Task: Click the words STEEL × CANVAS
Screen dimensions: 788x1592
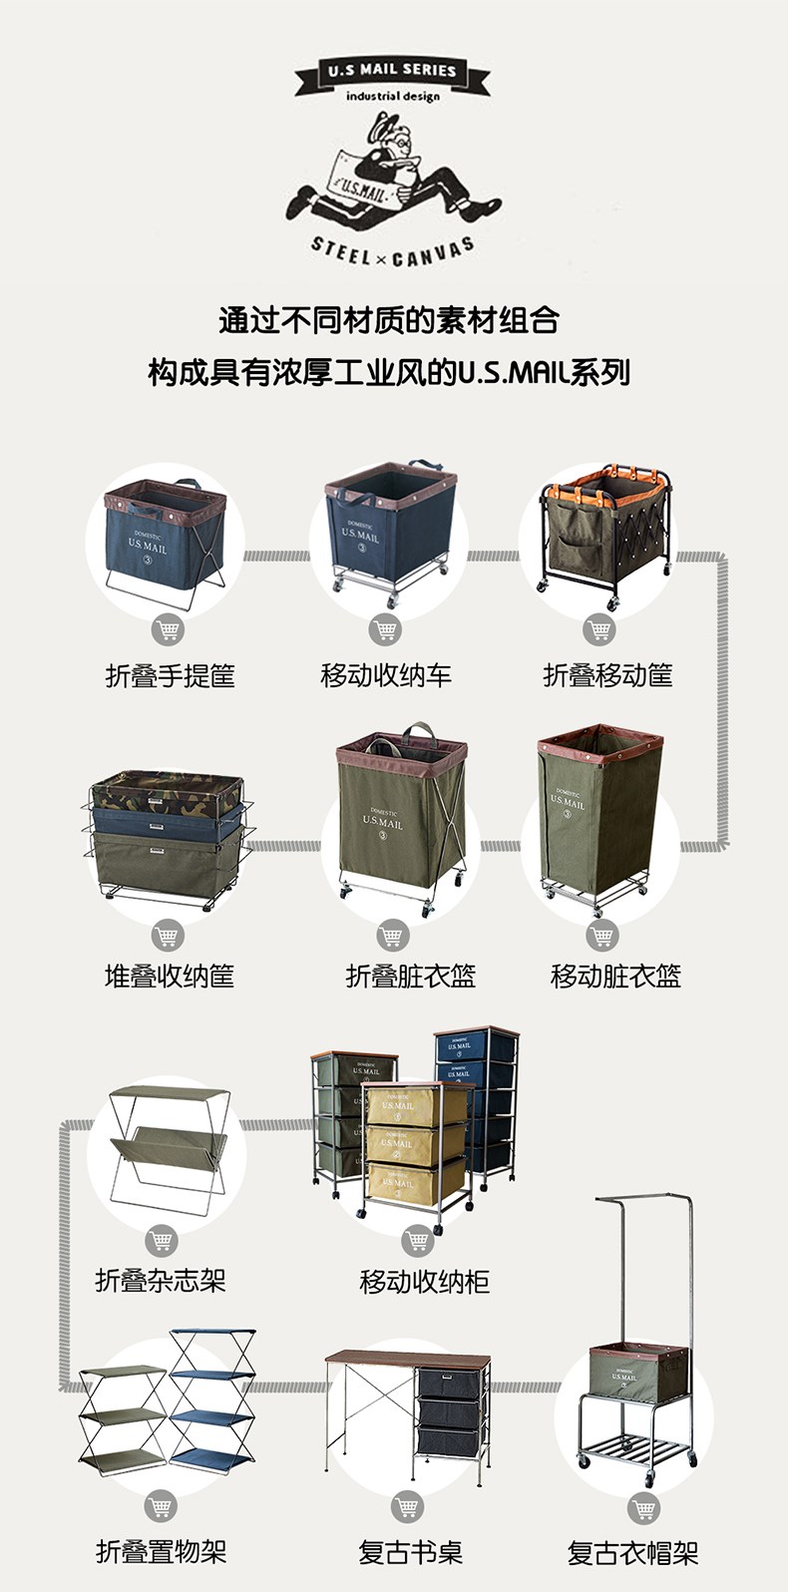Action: [393, 253]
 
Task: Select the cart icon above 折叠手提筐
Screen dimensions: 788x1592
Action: [168, 629]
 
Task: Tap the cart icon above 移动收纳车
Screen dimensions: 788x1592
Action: [385, 629]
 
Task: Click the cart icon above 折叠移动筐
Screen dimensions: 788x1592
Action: [599, 629]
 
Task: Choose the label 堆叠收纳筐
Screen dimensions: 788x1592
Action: [170, 976]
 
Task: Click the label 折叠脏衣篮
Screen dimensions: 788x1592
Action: [411, 976]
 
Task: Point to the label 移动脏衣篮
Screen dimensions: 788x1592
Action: [616, 976]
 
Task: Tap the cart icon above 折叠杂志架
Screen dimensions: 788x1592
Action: [162, 1240]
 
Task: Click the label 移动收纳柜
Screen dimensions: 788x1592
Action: [424, 1282]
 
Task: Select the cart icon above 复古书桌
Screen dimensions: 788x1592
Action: [407, 1506]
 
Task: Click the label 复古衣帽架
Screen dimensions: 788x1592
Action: [632, 1553]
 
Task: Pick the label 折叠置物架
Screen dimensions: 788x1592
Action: [162, 1551]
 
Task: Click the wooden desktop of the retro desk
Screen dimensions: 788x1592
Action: [408, 1358]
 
